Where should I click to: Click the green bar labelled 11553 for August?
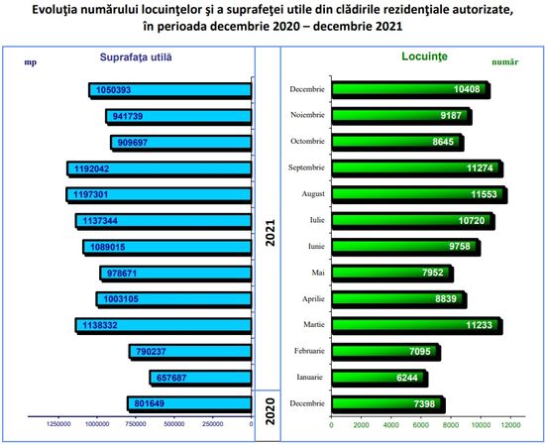click(x=419, y=194)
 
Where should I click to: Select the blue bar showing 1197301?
click(x=159, y=194)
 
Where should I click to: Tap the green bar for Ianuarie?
click(x=380, y=378)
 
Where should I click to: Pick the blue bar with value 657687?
click(x=200, y=378)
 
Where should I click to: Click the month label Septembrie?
click(x=306, y=167)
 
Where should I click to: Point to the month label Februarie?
click(x=309, y=351)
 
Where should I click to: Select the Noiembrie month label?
click(x=307, y=115)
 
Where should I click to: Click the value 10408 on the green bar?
click(x=467, y=89)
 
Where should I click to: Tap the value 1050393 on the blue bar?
click(x=113, y=90)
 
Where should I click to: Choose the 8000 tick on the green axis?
click(x=451, y=425)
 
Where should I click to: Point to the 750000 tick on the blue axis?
click(x=136, y=424)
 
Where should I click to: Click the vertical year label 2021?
click(x=270, y=233)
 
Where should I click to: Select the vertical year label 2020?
click(x=270, y=411)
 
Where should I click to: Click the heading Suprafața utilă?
click(x=136, y=57)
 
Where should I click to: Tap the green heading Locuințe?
click(x=424, y=56)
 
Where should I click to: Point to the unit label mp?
click(x=31, y=62)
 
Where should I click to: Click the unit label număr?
click(x=505, y=62)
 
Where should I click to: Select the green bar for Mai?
click(x=392, y=273)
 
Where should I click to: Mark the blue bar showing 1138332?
click(x=163, y=326)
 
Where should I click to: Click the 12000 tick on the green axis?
click(x=510, y=425)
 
